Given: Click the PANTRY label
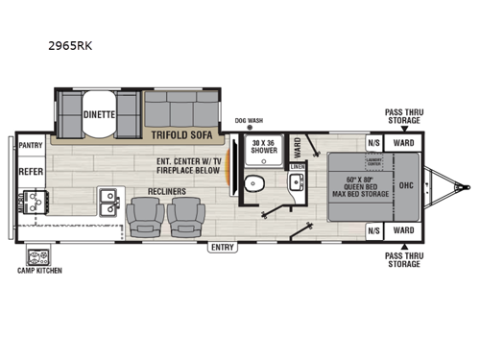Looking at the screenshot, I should (32, 148).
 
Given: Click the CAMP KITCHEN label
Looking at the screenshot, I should (39, 271).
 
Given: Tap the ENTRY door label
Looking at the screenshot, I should (223, 247).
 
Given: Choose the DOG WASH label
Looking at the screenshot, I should (248, 122).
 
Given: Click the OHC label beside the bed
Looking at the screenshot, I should (405, 185).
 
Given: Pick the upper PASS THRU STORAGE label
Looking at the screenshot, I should (403, 117).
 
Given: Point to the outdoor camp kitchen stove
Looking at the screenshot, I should (39, 256).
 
